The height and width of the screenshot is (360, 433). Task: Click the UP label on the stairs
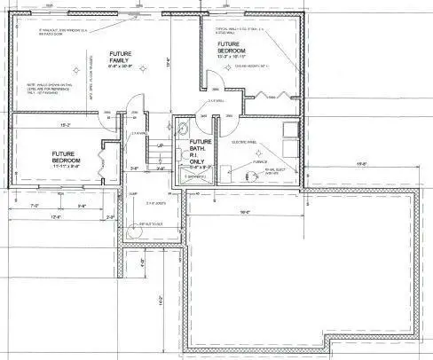[161, 145]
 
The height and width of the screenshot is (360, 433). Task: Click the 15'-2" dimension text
[64, 127]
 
